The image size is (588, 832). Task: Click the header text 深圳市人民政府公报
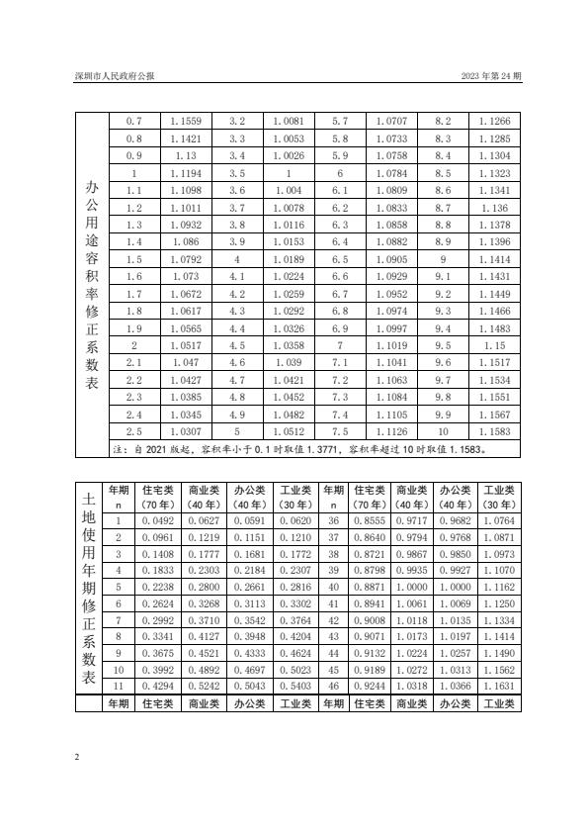[x=114, y=76]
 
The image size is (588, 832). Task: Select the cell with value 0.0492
[x=157, y=521]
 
